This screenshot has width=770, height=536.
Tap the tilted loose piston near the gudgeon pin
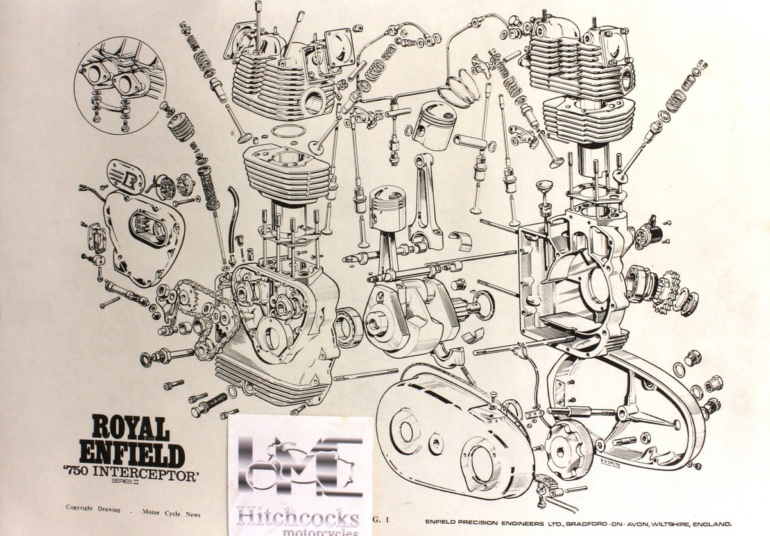[x=434, y=126]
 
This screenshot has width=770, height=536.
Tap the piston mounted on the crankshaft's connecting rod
[x=387, y=207]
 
